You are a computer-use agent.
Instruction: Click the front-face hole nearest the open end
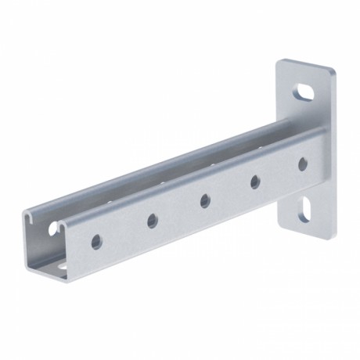click(x=95, y=241)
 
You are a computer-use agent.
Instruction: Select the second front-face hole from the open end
click(x=152, y=221)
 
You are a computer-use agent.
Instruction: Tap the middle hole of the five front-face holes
click(x=204, y=201)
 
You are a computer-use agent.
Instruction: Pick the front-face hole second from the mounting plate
click(x=255, y=182)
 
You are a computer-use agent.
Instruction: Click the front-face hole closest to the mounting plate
click(x=303, y=164)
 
